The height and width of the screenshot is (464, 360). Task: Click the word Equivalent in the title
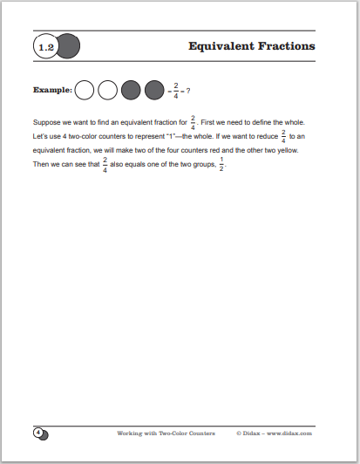226,45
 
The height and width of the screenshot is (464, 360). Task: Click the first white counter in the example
85,89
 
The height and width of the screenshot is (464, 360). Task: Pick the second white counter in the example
107,89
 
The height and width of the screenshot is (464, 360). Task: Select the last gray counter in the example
153,89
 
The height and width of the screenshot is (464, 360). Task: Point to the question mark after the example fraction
188,89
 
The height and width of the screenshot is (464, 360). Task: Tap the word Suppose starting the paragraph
45,123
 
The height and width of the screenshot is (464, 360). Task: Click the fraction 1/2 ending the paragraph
221,165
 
